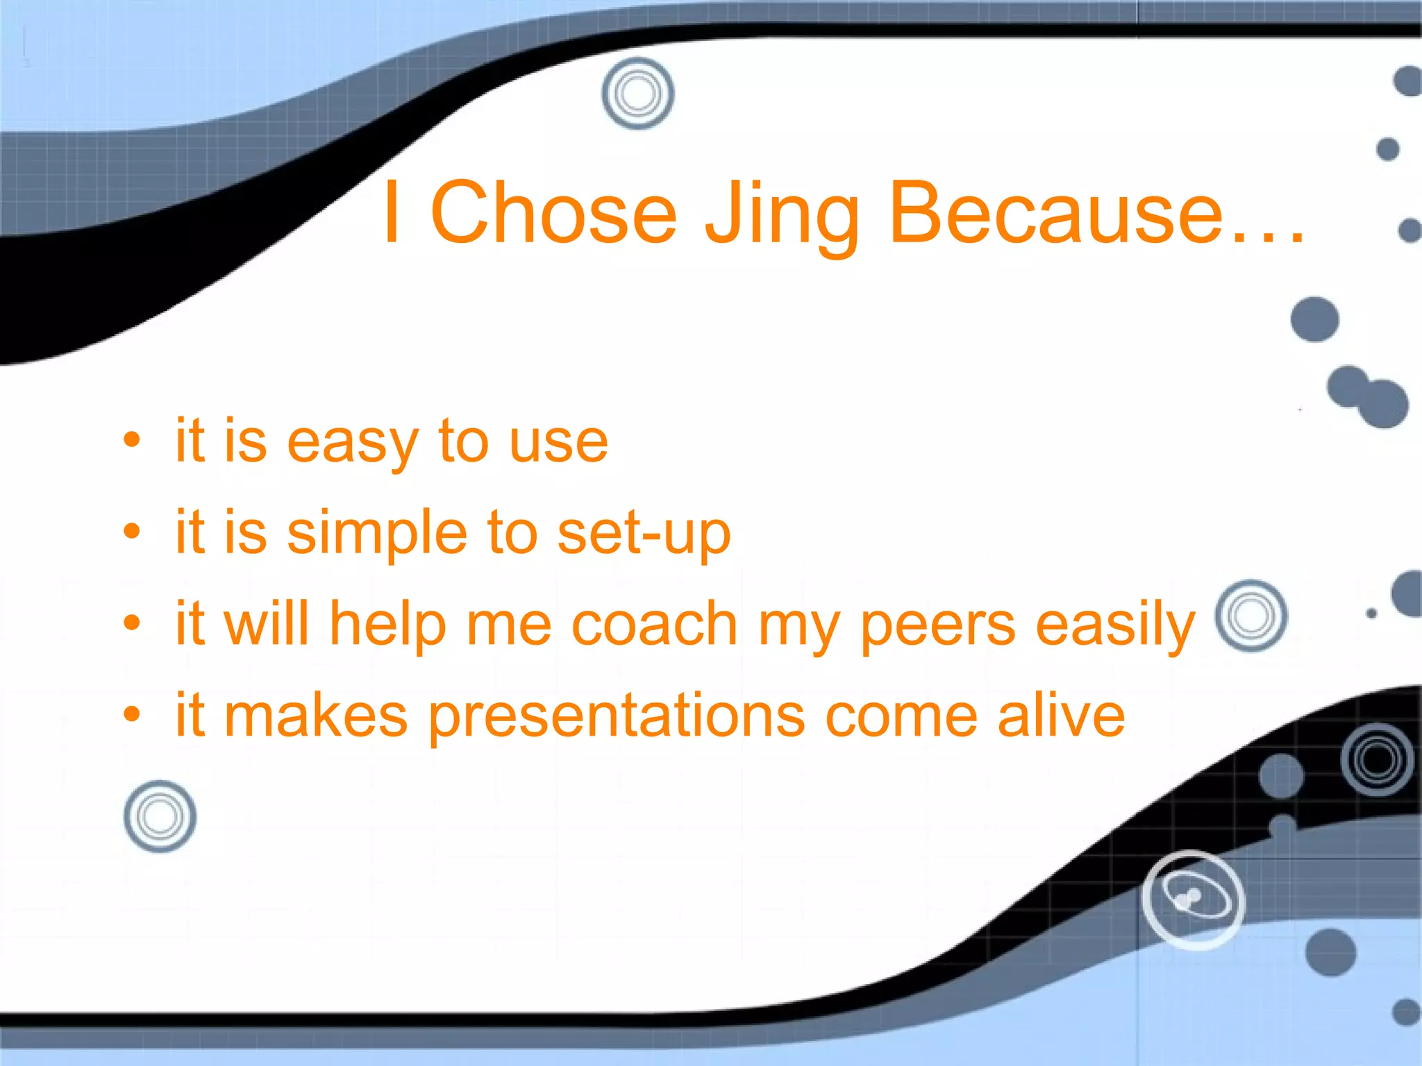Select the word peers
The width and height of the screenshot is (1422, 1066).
(x=938, y=624)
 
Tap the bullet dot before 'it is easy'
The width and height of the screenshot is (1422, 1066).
(x=131, y=440)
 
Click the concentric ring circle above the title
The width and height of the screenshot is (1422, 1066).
(x=637, y=93)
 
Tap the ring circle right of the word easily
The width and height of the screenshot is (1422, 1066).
(x=1250, y=616)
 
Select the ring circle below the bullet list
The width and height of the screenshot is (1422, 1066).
(x=160, y=816)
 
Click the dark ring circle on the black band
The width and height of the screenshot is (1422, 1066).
(x=1377, y=759)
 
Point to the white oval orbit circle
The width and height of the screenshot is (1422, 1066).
(x=1193, y=899)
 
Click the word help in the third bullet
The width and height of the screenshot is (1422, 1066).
(x=387, y=624)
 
